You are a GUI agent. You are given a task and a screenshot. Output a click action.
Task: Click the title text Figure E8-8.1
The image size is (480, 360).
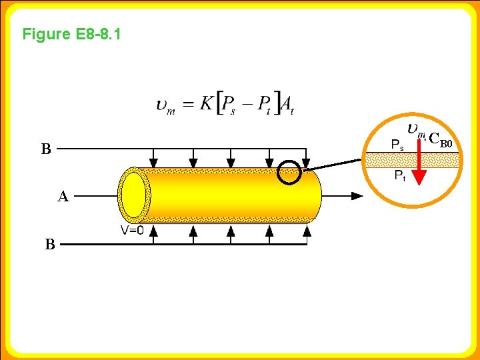(x=71, y=34)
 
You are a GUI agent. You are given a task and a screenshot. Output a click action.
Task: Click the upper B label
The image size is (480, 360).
(x=45, y=149)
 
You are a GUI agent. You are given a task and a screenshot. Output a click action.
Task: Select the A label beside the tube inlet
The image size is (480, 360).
(x=63, y=197)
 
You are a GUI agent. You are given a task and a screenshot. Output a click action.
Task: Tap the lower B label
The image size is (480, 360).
(x=50, y=245)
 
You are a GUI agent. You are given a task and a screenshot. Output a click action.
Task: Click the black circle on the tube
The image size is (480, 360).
(x=289, y=172)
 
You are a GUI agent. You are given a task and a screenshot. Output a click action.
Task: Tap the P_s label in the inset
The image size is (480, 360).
(x=397, y=143)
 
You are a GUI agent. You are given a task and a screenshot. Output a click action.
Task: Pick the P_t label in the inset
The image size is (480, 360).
(x=399, y=175)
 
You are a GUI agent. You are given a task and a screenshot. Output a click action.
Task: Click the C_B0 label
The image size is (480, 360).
(x=441, y=140)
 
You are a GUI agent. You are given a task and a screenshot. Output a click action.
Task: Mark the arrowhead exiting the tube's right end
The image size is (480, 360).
(x=357, y=196)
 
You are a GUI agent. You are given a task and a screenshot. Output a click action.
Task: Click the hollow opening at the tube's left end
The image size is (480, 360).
(x=134, y=195)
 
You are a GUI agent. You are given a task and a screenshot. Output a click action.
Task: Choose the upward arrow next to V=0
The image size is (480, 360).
(x=153, y=231)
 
